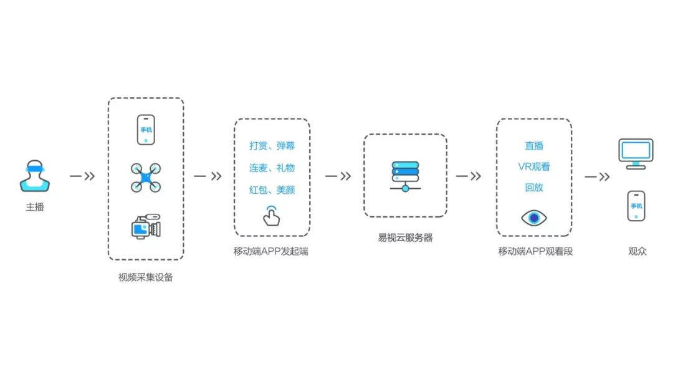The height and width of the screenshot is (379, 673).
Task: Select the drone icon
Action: pyautogui.click(x=146, y=178)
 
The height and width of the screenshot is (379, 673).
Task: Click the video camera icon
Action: pyautogui.click(x=146, y=227)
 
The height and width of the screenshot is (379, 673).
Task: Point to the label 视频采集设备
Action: pyautogui.click(x=146, y=277)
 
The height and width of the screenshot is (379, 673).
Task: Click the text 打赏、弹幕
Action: pyautogui.click(x=272, y=146)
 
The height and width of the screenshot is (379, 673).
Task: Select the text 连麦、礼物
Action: pyautogui.click(x=272, y=168)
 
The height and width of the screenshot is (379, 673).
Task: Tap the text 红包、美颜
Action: pyautogui.click(x=272, y=189)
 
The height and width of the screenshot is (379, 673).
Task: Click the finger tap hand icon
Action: pyautogui.click(x=271, y=215)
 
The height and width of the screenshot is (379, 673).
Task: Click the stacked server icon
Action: pyautogui.click(x=405, y=176)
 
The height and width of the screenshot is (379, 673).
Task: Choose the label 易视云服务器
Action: pyautogui.click(x=405, y=237)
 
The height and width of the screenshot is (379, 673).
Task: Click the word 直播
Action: pyautogui.click(x=534, y=145)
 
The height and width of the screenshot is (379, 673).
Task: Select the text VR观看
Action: pyautogui.click(x=534, y=166)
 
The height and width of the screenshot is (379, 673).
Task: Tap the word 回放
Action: pyautogui.click(x=534, y=187)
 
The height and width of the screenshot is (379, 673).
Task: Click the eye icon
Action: pyautogui.click(x=534, y=218)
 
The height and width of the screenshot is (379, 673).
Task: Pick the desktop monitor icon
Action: pyautogui.click(x=636, y=153)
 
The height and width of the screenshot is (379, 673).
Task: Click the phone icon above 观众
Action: pyautogui.click(x=636, y=206)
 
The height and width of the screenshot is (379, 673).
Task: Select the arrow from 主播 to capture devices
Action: pyautogui.click(x=82, y=176)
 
